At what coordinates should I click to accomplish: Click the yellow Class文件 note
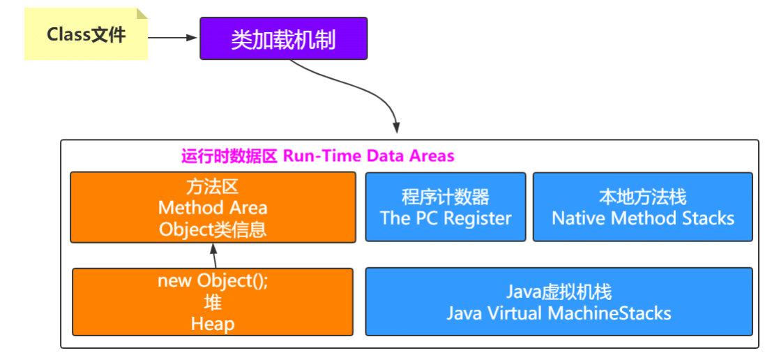(x=86, y=34)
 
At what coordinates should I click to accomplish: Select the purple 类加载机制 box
(x=283, y=38)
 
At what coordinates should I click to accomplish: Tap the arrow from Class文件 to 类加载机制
(x=174, y=38)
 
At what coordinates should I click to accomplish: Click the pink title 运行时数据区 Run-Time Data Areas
(x=318, y=156)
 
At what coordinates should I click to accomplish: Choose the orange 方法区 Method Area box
(x=213, y=207)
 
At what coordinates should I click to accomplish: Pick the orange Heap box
(x=213, y=302)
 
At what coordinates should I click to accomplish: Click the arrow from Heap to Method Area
(x=213, y=255)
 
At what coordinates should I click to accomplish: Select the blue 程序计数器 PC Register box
(x=446, y=207)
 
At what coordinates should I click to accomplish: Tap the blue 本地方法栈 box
(x=642, y=207)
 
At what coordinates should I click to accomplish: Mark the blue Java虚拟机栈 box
(x=559, y=302)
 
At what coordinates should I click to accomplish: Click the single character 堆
(x=213, y=302)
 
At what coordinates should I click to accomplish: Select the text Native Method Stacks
(x=642, y=218)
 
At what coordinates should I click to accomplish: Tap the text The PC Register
(x=446, y=218)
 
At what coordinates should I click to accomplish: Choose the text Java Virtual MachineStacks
(x=559, y=313)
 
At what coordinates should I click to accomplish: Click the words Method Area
(x=213, y=208)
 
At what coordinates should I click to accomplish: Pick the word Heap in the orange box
(x=213, y=324)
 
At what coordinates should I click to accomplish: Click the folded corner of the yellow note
(x=142, y=14)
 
